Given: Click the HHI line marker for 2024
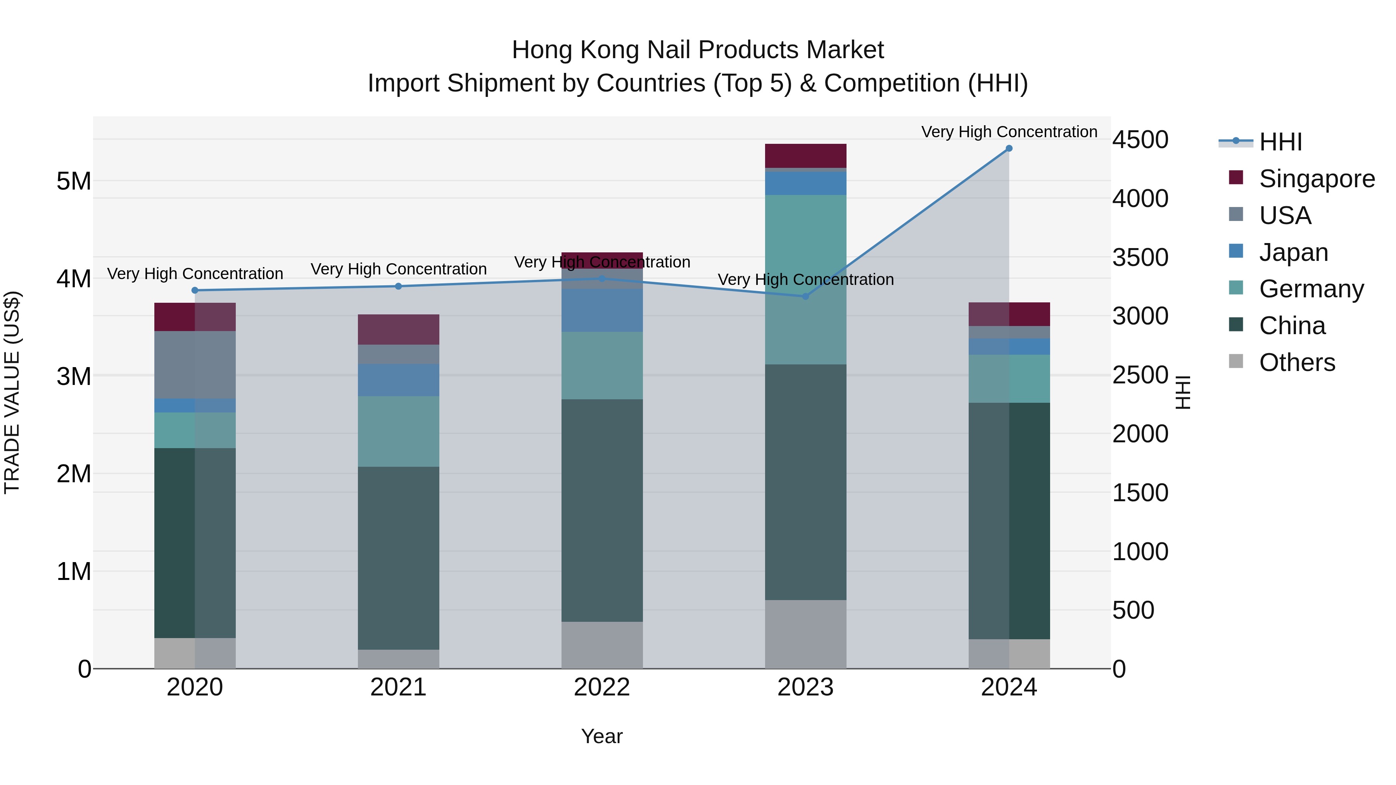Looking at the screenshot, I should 1009,148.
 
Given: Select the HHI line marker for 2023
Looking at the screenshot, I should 805,296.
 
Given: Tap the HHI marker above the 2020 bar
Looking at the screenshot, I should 195,290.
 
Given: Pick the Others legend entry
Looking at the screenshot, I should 1297,362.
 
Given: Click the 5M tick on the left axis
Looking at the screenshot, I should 74,181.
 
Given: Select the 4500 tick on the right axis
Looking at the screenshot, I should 1140,140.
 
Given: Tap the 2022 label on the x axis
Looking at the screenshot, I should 601,687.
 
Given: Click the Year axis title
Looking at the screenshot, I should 601,736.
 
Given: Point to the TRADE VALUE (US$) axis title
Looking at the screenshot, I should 12,392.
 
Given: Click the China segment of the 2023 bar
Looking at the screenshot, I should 805,482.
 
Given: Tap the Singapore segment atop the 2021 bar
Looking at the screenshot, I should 398,330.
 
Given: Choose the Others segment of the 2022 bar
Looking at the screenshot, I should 601,645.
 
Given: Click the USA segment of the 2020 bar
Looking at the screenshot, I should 195,365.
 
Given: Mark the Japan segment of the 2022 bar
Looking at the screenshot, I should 601,310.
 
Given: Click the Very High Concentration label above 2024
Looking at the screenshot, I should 1009,132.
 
